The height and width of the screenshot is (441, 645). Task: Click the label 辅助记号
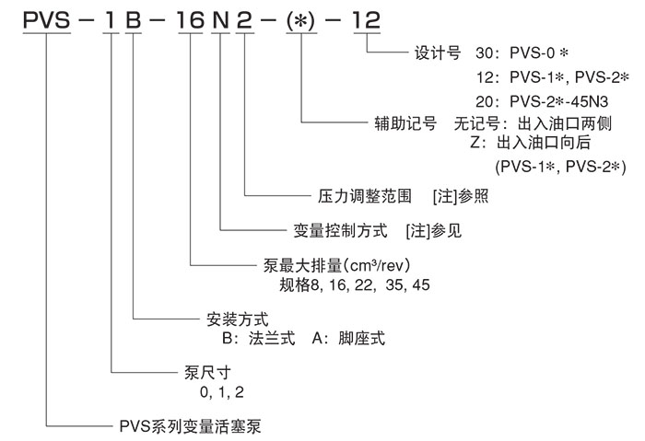point(405,123)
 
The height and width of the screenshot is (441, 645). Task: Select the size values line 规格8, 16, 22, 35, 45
point(354,284)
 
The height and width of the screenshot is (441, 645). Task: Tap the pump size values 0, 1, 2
point(219,392)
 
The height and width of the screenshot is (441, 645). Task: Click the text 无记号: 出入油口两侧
point(534,123)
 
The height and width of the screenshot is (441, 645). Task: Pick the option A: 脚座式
point(348,339)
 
